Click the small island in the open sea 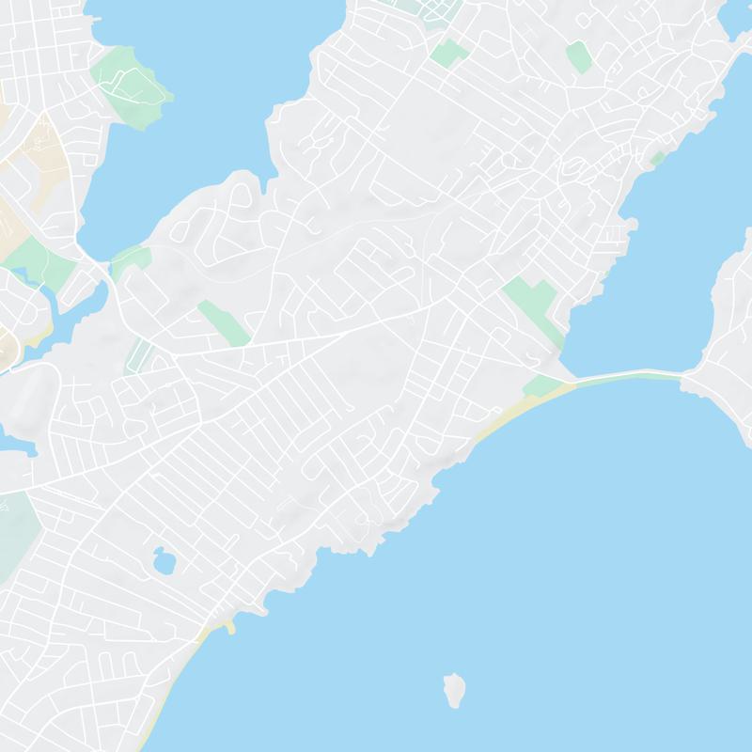point(455,690)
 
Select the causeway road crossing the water point(630,376)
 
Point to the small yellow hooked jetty point(228,626)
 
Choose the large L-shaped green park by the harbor point(532,306)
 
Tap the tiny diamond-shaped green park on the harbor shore point(658,158)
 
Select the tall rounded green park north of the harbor point(578,56)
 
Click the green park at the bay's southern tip point(130,258)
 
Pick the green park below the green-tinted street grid point(449,52)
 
